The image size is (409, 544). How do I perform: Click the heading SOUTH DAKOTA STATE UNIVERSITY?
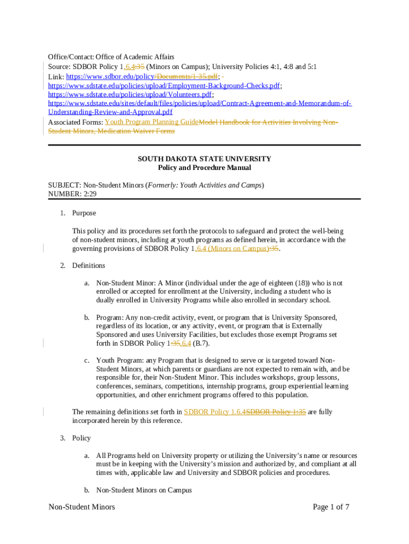pos(204,159)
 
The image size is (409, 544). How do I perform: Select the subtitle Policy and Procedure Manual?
pos(204,168)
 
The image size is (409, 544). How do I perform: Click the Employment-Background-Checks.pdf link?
pos(165,86)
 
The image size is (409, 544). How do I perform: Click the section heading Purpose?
pos(84,213)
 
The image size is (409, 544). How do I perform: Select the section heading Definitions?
pos(89,266)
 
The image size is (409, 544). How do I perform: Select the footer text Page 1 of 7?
pos(331,507)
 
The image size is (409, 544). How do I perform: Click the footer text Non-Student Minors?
pos(82,507)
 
